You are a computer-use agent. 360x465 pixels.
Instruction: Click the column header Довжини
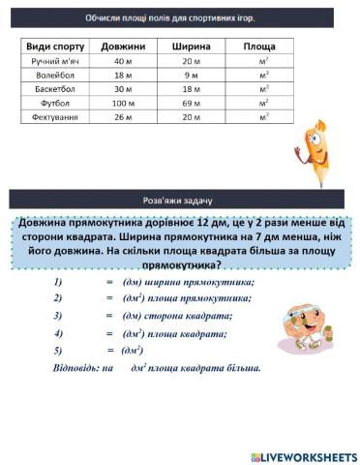[x=122, y=46]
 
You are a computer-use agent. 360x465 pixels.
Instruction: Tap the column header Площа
[x=259, y=46]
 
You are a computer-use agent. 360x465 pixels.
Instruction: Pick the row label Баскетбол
[x=54, y=88]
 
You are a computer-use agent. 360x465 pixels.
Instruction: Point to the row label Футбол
[x=54, y=103]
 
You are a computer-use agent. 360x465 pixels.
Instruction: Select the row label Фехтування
[x=54, y=117]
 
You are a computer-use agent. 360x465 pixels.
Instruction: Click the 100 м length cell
[x=122, y=103]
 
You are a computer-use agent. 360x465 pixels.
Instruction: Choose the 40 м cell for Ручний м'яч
[x=122, y=61]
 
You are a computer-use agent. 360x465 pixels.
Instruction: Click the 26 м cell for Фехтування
[x=122, y=117]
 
